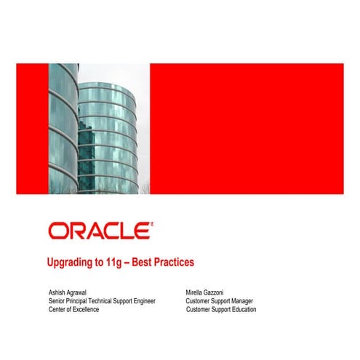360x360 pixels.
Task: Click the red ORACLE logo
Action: click(100, 231)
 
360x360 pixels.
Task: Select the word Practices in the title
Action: click(174, 262)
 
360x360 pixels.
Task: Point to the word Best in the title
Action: click(146, 262)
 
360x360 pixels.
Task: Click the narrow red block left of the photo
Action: click(32, 129)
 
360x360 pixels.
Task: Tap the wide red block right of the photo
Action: click(246, 129)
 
